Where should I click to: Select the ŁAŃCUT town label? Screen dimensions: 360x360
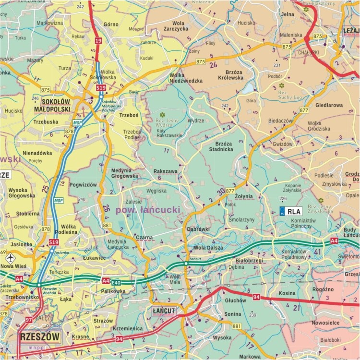[163, 311]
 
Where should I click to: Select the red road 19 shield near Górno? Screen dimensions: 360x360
[98, 41]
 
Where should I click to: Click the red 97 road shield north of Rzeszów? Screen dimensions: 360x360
[28, 320]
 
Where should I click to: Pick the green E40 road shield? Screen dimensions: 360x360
[116, 283]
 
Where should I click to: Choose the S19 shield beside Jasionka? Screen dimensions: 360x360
[54, 243]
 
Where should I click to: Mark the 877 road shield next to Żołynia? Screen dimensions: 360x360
[230, 191]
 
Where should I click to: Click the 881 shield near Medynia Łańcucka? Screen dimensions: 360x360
[107, 225]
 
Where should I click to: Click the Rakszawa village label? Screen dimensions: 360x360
[166, 171]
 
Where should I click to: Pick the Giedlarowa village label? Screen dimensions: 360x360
[329, 105]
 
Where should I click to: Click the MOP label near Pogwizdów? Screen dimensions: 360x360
[58, 200]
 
